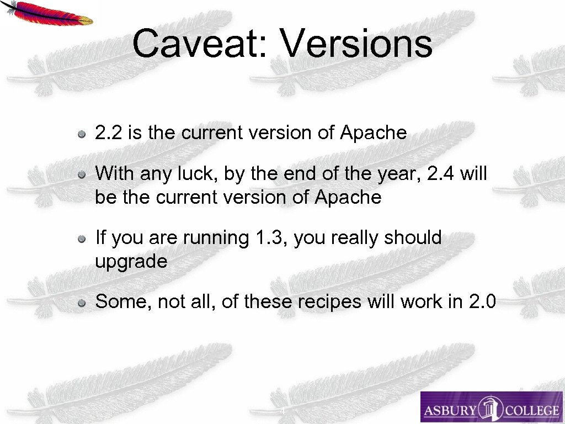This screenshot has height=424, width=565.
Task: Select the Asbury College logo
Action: (x=491, y=407)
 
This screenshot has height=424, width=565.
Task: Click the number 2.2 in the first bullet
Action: (x=106, y=133)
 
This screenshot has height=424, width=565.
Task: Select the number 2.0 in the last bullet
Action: (x=482, y=302)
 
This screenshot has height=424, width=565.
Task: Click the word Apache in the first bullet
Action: (x=374, y=133)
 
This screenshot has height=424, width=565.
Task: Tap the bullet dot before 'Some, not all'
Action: (x=81, y=303)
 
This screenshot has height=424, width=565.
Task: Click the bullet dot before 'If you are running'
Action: (x=81, y=239)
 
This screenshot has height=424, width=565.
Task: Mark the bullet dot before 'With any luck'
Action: (x=81, y=175)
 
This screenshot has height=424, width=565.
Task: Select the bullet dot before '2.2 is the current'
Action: (x=81, y=134)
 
